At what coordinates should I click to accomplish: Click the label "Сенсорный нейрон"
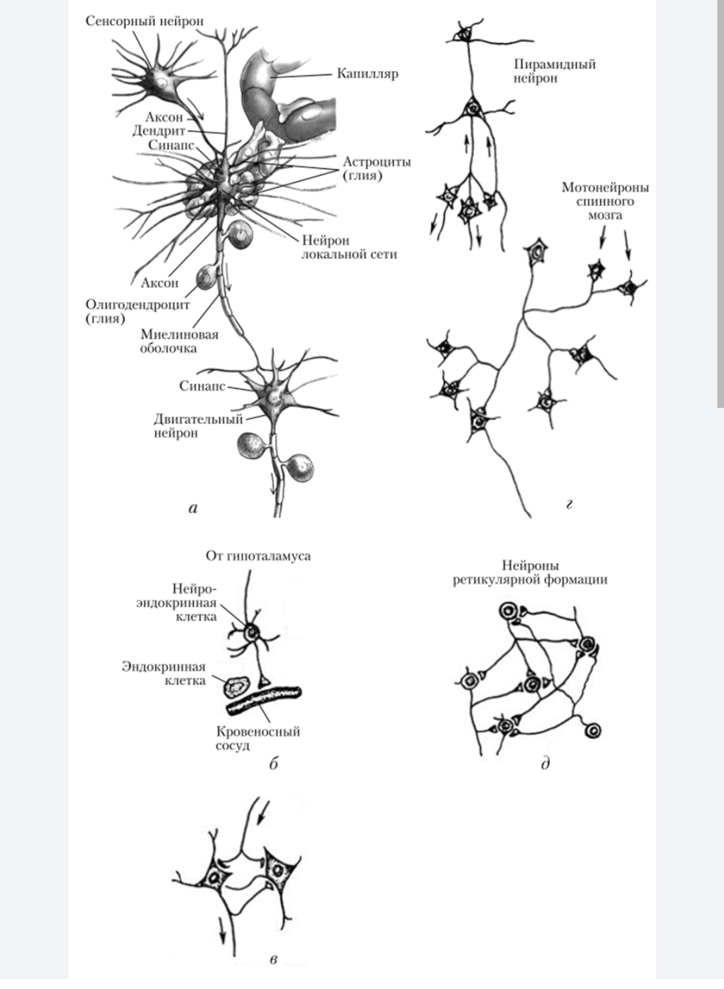pyautogui.click(x=144, y=21)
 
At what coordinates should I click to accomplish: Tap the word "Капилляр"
pyautogui.click(x=368, y=73)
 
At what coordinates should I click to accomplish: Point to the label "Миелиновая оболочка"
pyautogui.click(x=179, y=341)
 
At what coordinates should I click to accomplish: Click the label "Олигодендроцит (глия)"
pyautogui.click(x=137, y=311)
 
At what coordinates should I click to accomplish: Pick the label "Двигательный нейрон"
pyautogui.click(x=198, y=426)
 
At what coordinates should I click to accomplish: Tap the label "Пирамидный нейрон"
pyautogui.click(x=554, y=71)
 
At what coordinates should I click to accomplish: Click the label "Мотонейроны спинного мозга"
pyautogui.click(x=605, y=201)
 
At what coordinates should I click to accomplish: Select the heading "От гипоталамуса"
pyautogui.click(x=258, y=556)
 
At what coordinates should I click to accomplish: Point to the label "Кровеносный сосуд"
pyautogui.click(x=257, y=738)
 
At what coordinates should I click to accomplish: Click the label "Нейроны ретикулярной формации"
pyautogui.click(x=530, y=572)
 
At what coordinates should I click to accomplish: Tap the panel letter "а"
pyautogui.click(x=193, y=508)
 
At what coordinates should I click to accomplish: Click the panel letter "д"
pyautogui.click(x=545, y=763)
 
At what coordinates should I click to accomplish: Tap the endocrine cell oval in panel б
pyautogui.click(x=236, y=686)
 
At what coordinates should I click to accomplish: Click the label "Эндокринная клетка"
pyautogui.click(x=164, y=674)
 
